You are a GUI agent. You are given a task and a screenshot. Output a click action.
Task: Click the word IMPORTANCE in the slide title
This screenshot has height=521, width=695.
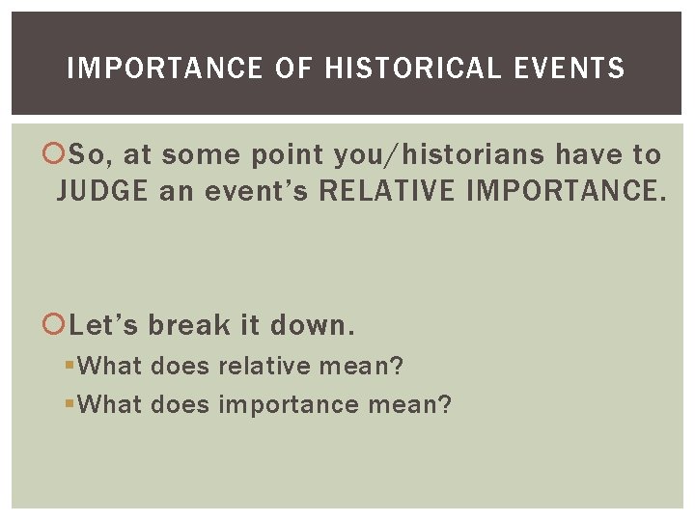pos(165,69)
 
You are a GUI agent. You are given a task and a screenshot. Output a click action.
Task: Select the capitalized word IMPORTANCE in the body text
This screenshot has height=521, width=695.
pos(566,191)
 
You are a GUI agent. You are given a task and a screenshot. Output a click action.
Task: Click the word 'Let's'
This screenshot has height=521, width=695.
pos(104,325)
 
